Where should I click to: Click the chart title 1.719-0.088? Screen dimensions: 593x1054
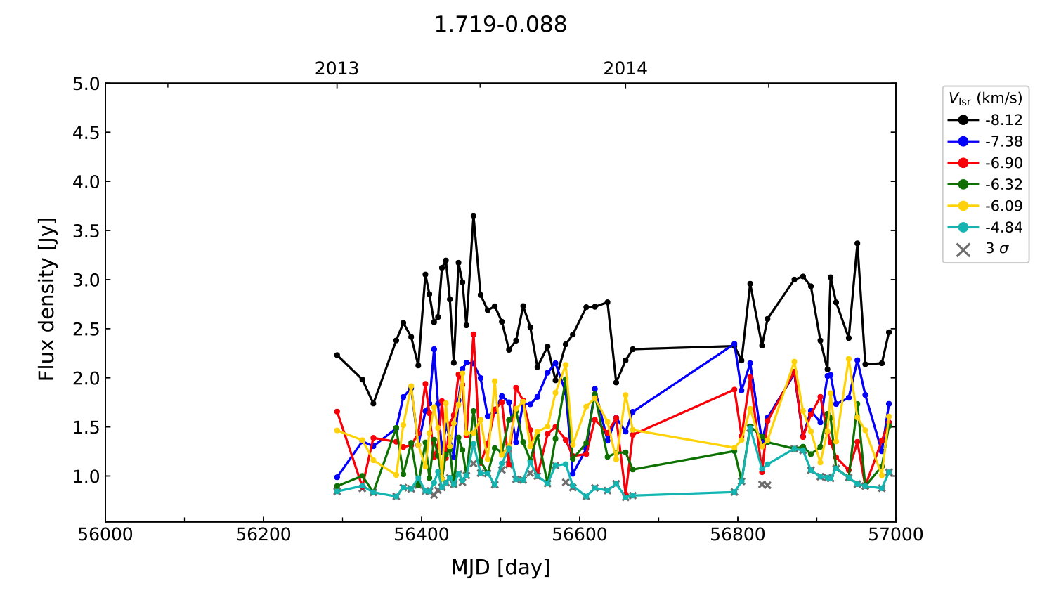tap(500, 25)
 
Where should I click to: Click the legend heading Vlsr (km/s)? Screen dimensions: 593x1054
tap(985, 98)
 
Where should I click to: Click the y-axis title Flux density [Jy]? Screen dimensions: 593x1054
tap(46, 299)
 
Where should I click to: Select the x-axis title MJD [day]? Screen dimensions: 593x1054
tap(500, 567)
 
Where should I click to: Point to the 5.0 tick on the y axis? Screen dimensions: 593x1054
tap(86, 84)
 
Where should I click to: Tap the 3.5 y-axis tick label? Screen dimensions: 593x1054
tap(86, 231)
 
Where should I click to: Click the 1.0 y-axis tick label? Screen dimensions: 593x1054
tap(86, 476)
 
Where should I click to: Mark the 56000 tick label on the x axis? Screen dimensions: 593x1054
tap(105, 535)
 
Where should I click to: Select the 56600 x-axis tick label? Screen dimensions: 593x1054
tap(580, 535)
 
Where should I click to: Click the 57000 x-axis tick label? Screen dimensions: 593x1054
tap(895, 535)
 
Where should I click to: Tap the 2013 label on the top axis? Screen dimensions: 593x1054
tap(337, 69)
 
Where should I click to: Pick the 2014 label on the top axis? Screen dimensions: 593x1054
tap(625, 69)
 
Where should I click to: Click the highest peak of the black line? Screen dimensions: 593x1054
tap(474, 216)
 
